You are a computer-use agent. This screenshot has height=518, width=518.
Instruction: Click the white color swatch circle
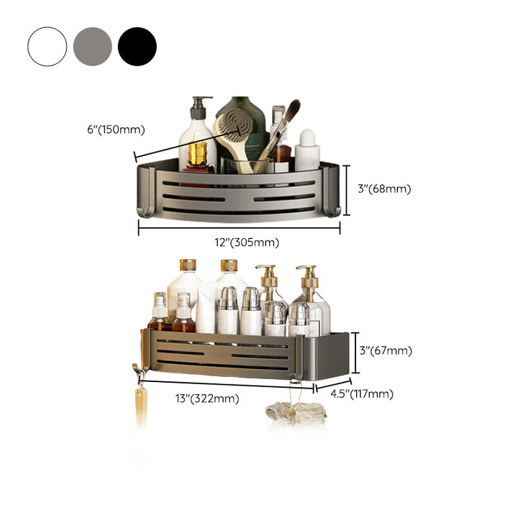point(47,47)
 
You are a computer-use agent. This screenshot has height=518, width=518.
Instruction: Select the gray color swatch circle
point(93,47)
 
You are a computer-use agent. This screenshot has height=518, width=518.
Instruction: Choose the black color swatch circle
point(137,47)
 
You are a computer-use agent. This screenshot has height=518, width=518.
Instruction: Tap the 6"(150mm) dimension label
point(116,129)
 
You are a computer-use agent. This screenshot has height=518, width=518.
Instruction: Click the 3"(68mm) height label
point(384,189)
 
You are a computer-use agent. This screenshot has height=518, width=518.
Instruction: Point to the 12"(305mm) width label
point(247,242)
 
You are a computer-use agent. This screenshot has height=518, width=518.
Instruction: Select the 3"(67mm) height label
point(386,350)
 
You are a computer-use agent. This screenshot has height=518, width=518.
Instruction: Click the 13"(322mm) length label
point(207,399)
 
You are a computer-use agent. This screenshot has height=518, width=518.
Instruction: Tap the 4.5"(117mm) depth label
point(362,394)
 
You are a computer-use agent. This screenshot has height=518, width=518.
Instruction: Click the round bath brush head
point(235,124)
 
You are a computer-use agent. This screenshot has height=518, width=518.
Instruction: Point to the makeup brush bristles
point(292,110)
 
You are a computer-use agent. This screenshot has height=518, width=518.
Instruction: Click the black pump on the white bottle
point(199,108)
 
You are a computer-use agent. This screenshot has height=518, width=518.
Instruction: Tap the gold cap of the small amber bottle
point(198,153)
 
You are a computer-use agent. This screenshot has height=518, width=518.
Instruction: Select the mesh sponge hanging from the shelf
point(296,412)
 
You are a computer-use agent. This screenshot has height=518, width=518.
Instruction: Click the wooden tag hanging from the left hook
point(141,407)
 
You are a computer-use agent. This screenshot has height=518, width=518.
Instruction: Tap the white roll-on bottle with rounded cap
point(307,150)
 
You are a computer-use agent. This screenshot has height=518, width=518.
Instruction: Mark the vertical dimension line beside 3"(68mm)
point(346,190)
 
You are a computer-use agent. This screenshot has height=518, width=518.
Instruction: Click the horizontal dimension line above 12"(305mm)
point(239,227)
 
